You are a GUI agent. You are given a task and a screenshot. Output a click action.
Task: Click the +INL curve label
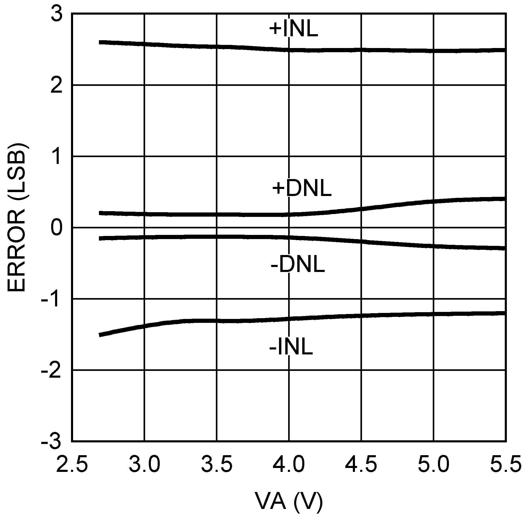294,29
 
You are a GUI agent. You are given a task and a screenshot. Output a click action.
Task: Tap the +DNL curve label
302,188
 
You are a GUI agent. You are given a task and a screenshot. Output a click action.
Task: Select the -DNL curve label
298,264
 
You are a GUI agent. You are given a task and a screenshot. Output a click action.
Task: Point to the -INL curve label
291,347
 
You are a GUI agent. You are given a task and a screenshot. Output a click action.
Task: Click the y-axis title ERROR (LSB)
17,217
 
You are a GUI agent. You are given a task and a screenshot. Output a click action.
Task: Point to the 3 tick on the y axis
56,14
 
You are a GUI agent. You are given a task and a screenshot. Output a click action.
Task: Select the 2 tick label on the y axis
56,86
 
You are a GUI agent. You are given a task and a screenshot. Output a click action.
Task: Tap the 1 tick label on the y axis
57,157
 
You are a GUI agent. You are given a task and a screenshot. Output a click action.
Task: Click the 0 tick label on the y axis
56,228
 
